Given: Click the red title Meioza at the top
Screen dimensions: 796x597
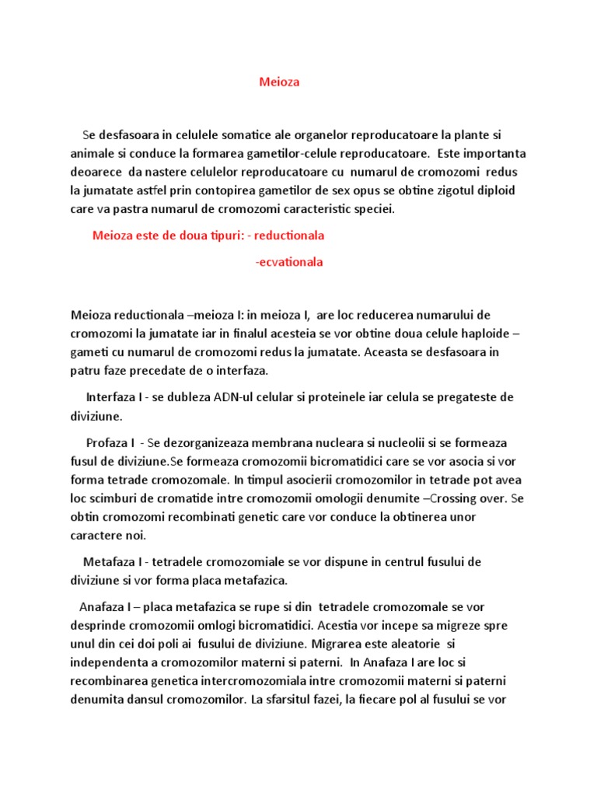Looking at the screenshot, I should click(278, 82).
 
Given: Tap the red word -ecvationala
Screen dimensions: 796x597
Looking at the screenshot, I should click(288, 262).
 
